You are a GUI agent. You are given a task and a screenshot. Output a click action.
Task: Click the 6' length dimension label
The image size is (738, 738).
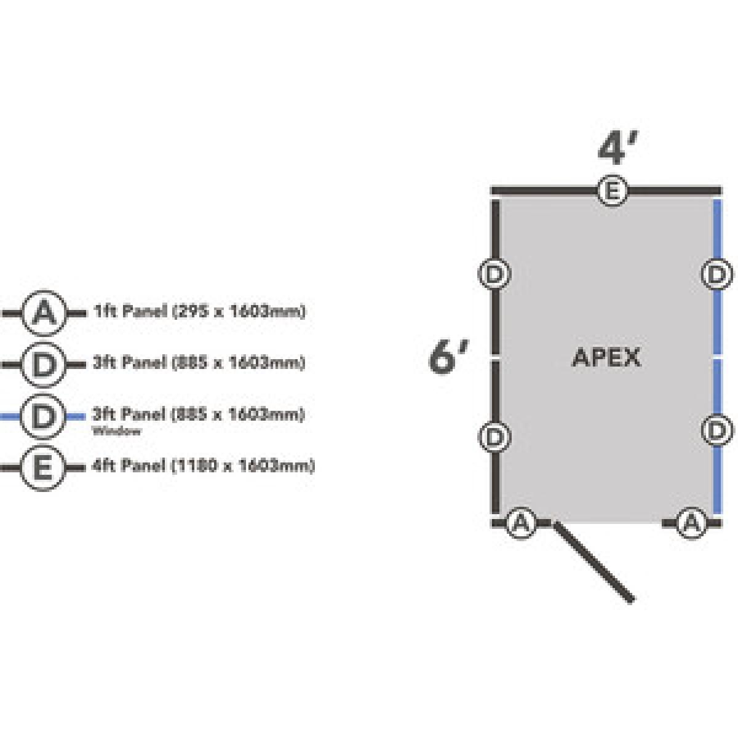(x=448, y=357)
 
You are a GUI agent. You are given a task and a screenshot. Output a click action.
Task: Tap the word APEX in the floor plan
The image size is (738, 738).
(x=606, y=357)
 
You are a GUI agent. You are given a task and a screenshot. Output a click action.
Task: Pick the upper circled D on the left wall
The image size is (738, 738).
(x=494, y=274)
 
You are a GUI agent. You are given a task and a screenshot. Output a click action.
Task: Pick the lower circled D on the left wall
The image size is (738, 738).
(x=494, y=436)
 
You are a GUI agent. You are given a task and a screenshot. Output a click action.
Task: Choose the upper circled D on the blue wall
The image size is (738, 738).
(x=717, y=274)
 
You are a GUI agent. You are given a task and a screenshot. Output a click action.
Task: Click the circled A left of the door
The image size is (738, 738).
(x=520, y=523)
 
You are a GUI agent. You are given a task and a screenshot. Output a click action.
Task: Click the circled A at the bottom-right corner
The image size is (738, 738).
(x=691, y=523)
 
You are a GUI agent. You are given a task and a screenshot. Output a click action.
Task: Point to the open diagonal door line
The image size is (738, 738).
(x=593, y=561)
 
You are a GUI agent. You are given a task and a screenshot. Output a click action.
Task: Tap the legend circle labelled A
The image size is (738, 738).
(x=43, y=313)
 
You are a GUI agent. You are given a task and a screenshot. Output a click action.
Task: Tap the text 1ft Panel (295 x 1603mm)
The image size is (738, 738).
(x=199, y=312)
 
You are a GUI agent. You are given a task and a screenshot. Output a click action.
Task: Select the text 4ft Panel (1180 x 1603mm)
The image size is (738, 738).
(x=204, y=466)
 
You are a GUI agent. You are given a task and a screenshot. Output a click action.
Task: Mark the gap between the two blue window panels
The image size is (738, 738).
(x=717, y=356)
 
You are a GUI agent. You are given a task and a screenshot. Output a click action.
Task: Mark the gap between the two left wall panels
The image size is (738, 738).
(x=495, y=356)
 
